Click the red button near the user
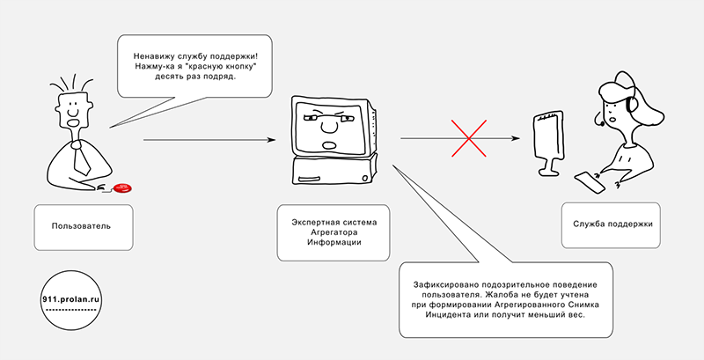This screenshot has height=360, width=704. tap(123, 187)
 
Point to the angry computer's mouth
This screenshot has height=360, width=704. tap(329, 143)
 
